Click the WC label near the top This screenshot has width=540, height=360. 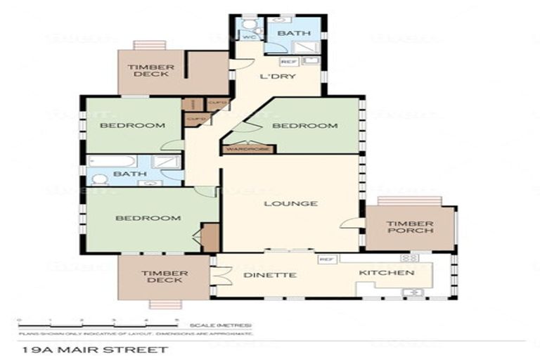[x=248, y=37]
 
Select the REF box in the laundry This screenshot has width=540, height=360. [x=285, y=62]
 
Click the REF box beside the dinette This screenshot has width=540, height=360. [x=326, y=259]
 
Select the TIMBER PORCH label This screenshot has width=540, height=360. [x=409, y=229]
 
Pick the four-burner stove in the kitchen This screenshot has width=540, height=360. [x=409, y=258]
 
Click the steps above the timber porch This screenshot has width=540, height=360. [x=409, y=201]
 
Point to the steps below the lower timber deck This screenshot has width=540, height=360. [x=163, y=304]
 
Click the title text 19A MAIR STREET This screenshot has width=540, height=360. [x=95, y=349]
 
